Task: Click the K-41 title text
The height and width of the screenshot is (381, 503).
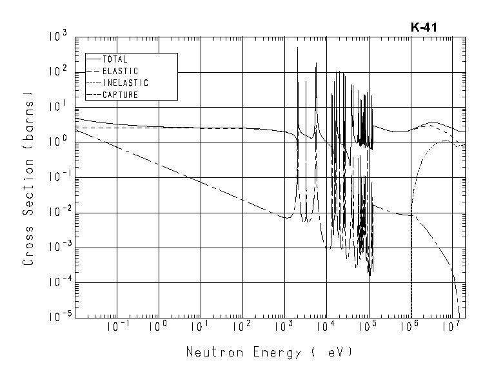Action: click(x=425, y=28)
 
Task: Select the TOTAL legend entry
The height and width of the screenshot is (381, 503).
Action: click(x=115, y=59)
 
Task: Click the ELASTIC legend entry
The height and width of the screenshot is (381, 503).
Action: click(x=120, y=71)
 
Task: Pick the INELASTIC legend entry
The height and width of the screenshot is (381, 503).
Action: click(x=125, y=83)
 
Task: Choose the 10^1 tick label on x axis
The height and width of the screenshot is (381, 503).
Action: click(x=201, y=327)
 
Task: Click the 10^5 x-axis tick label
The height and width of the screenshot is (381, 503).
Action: click(x=368, y=327)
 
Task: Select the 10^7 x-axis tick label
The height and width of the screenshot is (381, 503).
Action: click(x=452, y=327)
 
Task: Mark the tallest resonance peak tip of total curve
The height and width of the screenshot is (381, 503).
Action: click(x=297, y=48)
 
